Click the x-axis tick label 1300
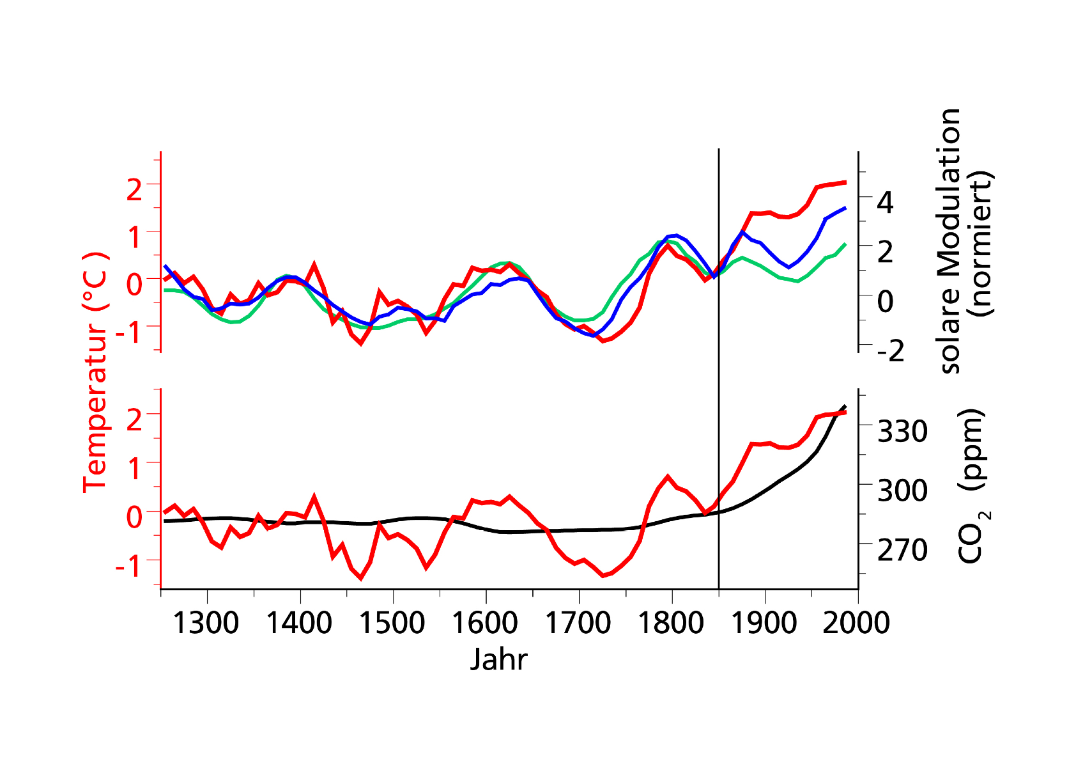pos(206,622)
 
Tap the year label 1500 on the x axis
pos(392,622)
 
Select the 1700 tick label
pos(578,622)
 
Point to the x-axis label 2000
pos(856,622)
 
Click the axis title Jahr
pos(498,659)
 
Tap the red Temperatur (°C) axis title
pos(96,372)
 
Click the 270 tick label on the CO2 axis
pos(902,550)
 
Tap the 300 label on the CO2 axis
pos(902,490)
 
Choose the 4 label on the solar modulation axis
pos(886,202)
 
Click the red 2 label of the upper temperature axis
pos(134,189)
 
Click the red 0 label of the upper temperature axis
pos(134,283)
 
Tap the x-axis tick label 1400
pos(299,622)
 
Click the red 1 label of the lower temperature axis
pos(134,468)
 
